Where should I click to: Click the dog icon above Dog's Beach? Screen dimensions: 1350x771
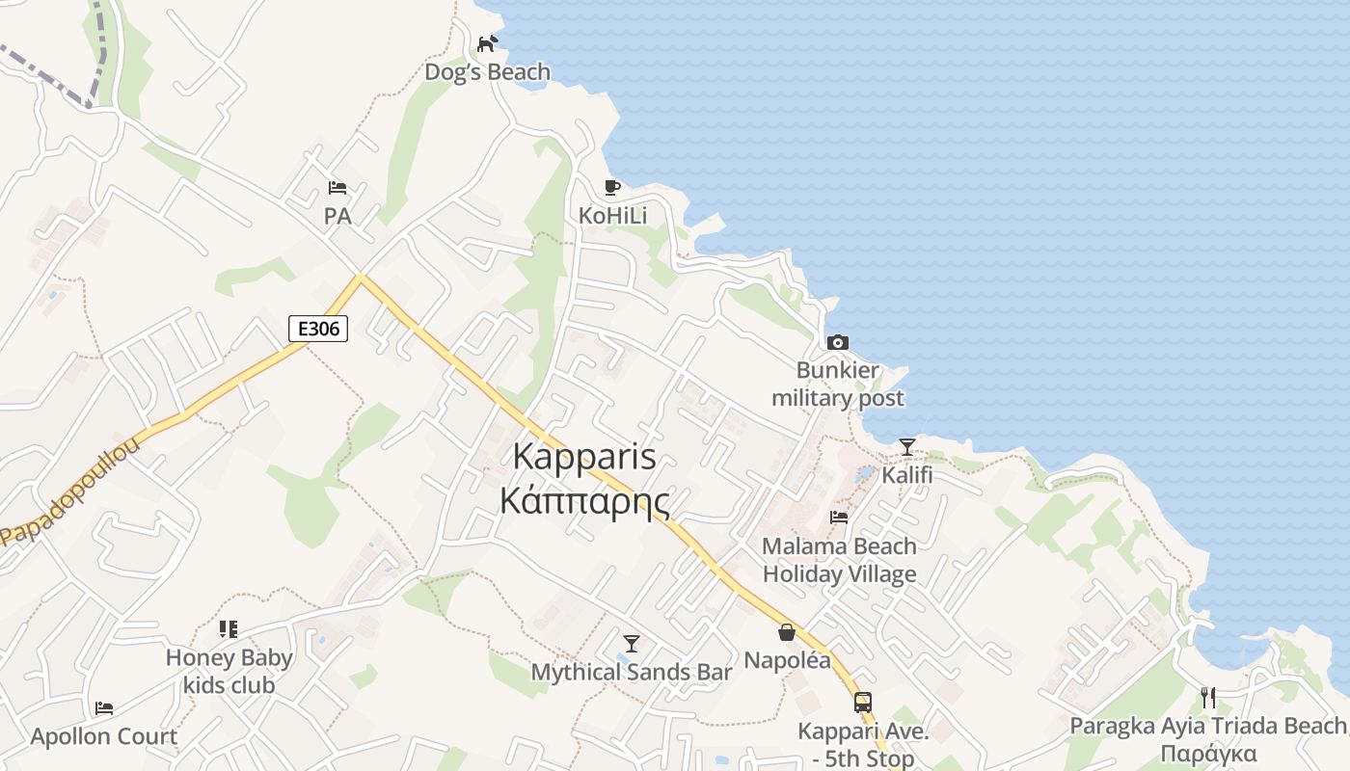tap(488, 43)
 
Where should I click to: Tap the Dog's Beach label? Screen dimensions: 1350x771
tap(488, 72)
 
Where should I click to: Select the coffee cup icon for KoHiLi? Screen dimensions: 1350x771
tap(611, 187)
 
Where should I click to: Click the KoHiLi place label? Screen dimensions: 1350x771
tap(612, 216)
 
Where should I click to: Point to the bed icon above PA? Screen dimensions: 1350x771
tap(337, 188)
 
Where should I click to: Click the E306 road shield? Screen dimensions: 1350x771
tap(318, 329)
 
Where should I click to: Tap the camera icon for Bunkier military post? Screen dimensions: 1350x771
tap(838, 342)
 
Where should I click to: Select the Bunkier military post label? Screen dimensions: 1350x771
tap(838, 385)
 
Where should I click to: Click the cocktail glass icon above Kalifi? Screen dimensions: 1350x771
tap(907, 446)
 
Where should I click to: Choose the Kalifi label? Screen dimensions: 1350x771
tap(907, 475)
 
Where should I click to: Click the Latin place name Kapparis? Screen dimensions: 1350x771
tap(584, 456)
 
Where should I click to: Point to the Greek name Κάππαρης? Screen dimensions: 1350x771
tap(584, 501)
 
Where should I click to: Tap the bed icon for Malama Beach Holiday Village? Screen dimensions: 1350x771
tap(839, 518)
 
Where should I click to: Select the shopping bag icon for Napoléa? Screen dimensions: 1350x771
tap(787, 632)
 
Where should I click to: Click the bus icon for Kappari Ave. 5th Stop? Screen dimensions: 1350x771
tap(863, 703)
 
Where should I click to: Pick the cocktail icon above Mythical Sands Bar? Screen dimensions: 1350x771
tap(632, 643)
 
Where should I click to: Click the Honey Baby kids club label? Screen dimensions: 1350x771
tap(229, 672)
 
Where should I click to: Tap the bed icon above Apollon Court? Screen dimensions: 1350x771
tap(104, 708)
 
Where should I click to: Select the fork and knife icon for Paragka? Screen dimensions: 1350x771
tap(1208, 697)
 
